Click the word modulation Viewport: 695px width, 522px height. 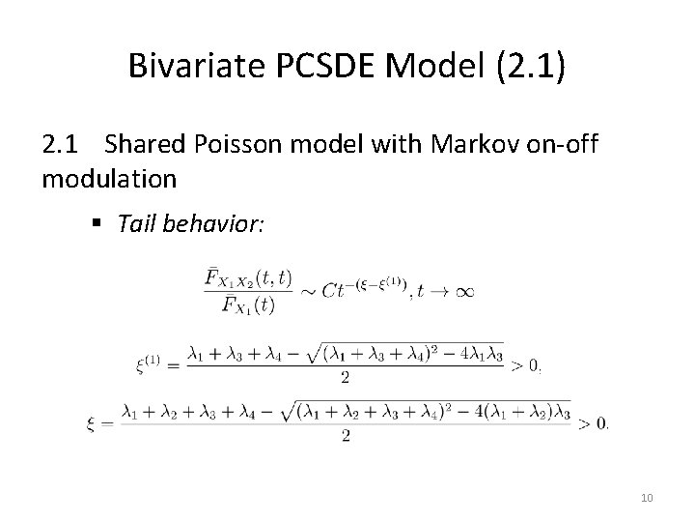(109, 179)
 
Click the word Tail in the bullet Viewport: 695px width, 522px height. (136, 224)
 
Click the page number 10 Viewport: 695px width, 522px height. (646, 497)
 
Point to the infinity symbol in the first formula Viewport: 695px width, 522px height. (463, 291)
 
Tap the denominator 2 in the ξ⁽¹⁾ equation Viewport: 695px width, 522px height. (345, 379)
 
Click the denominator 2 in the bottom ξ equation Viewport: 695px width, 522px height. (346, 436)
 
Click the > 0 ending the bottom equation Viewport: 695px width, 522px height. (594, 421)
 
